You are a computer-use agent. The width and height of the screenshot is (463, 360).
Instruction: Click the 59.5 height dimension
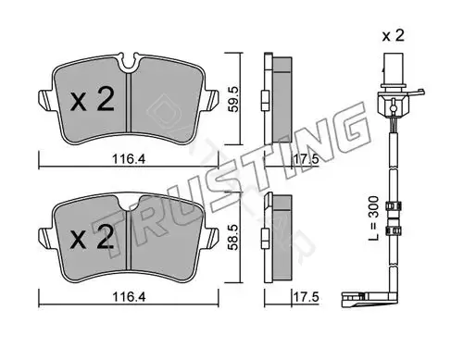(x=233, y=99)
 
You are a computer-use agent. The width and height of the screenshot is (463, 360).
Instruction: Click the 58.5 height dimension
(x=233, y=237)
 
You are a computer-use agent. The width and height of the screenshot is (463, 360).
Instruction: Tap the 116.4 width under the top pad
(x=129, y=159)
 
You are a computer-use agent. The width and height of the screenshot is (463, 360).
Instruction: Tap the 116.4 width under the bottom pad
(x=129, y=297)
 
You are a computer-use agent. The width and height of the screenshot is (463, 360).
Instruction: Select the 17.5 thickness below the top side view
(x=306, y=159)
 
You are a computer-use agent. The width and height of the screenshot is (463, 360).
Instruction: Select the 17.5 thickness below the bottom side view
(x=306, y=297)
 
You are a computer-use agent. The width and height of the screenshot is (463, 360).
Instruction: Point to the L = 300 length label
(x=373, y=218)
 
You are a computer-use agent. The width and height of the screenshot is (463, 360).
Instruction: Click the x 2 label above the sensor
(x=393, y=36)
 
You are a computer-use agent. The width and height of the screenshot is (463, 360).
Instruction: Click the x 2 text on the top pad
(x=93, y=99)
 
